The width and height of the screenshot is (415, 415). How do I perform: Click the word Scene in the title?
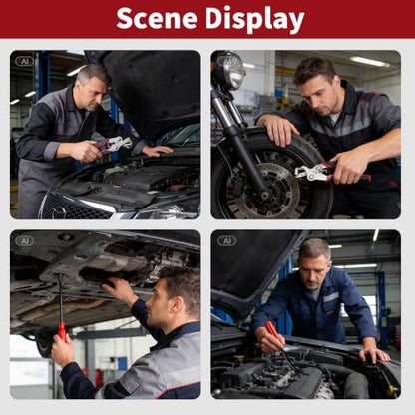pyautogui.click(x=157, y=18)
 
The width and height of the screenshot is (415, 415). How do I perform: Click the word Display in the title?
pyautogui.click(x=254, y=19)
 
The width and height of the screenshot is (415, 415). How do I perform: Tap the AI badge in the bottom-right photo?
pyautogui.click(x=227, y=241)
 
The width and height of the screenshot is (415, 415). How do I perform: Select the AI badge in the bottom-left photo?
pyautogui.click(x=25, y=241)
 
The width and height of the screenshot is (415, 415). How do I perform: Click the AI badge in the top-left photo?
pyautogui.click(x=25, y=61)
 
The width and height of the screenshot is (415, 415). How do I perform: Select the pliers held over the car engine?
pyautogui.click(x=113, y=145)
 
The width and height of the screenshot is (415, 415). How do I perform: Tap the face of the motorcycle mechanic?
pyautogui.click(x=314, y=97)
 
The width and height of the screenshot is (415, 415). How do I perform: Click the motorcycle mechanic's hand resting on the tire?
pyautogui.click(x=278, y=129)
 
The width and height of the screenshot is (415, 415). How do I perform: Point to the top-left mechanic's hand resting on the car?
pyautogui.click(x=157, y=151)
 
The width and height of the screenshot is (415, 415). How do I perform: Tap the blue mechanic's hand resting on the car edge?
pyautogui.click(x=374, y=354)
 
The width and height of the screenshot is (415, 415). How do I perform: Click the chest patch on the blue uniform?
pyautogui.click(x=331, y=297)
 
